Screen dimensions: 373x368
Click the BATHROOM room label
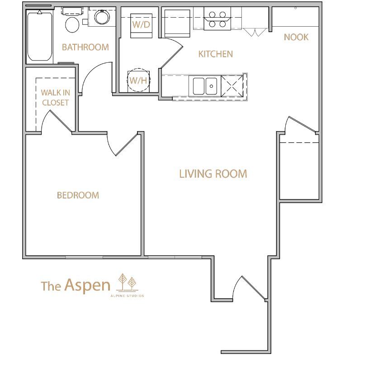pos(85,47)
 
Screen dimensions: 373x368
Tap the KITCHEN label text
pos(216,54)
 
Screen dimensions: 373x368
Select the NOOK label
pos(296,37)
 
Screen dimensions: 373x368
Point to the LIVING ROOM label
pos(213,174)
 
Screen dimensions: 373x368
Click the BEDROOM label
pos(78,195)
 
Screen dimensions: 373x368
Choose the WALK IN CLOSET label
pos(56,98)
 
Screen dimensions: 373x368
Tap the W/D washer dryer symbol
pos(142,25)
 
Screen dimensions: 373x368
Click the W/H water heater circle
pos(138,80)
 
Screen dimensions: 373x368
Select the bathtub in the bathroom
pos(39,37)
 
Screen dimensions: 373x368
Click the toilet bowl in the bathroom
pos(72,25)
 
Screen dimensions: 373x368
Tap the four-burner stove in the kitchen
pos(217,19)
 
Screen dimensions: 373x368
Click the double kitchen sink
pos(205,86)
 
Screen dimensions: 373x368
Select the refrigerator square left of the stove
pos(177,24)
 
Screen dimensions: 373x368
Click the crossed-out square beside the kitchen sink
pos(232,86)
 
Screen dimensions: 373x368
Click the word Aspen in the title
pos(87,285)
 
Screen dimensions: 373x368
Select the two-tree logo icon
pos(127,283)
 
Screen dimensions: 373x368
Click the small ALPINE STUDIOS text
pos(127,296)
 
